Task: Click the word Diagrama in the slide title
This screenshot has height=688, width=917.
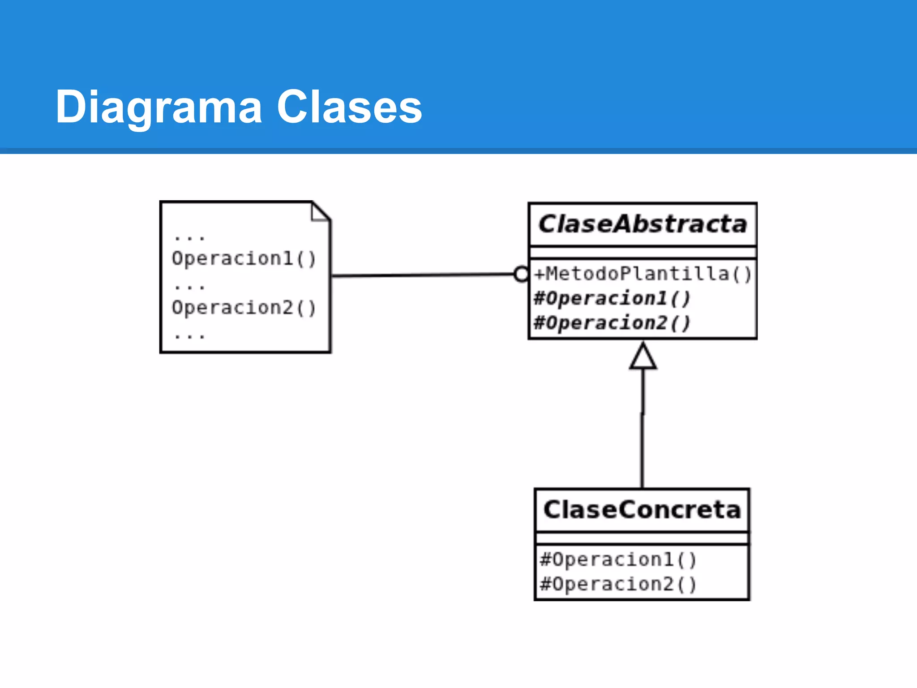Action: coord(159,107)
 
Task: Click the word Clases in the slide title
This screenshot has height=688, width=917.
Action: coord(349,107)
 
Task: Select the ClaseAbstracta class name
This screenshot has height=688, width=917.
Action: coord(643,224)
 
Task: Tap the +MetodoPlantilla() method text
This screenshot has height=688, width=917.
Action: coord(643,274)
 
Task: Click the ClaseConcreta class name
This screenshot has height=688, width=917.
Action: coord(642,510)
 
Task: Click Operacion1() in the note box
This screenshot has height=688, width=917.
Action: coord(244,259)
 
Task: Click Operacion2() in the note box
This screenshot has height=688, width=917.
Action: coord(244,308)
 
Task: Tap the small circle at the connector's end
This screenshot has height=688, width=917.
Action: coord(521,274)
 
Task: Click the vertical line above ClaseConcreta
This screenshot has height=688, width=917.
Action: coord(643,430)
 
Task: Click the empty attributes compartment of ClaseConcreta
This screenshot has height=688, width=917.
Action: coord(642,538)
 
